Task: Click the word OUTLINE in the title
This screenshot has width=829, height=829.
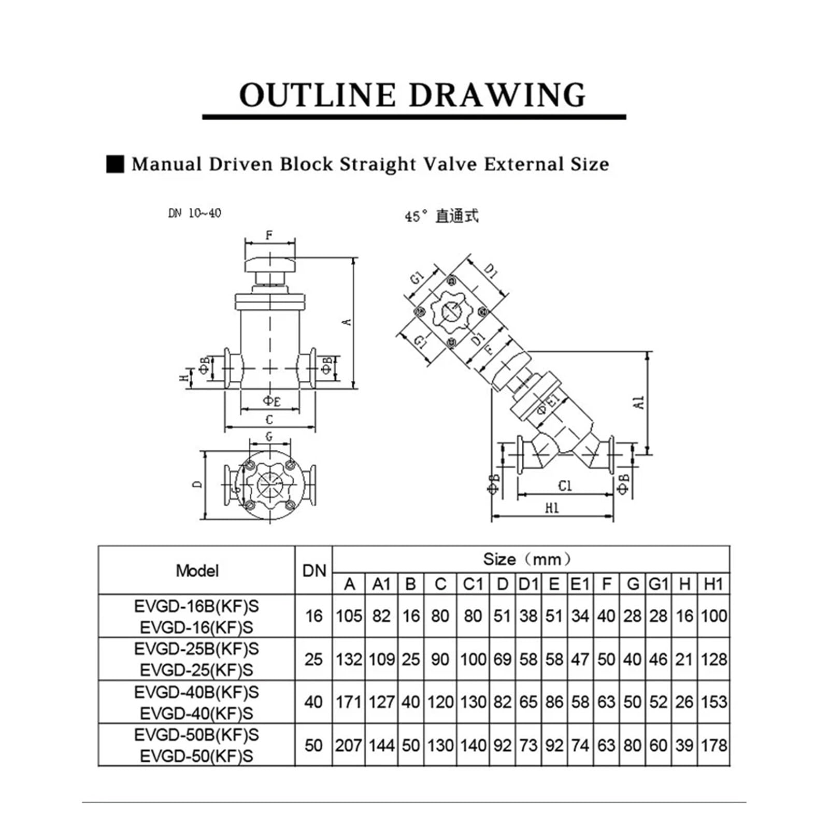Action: (x=317, y=95)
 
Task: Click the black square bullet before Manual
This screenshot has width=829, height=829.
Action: (x=115, y=164)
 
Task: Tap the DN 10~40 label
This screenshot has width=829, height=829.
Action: (x=195, y=213)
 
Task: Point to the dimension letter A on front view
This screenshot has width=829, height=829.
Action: (x=349, y=322)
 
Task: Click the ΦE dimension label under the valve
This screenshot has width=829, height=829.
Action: (x=271, y=401)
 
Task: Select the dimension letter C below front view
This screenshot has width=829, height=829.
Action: (x=269, y=420)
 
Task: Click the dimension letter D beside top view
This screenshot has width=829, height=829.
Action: (x=197, y=484)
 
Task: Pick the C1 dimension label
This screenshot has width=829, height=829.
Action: (x=565, y=485)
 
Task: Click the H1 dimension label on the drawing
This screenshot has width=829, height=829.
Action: (x=552, y=508)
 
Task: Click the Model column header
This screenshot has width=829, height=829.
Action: (x=197, y=571)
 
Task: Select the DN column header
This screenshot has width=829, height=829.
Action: (x=314, y=571)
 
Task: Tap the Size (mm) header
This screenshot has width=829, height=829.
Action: (x=527, y=559)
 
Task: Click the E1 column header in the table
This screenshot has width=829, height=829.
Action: (x=580, y=584)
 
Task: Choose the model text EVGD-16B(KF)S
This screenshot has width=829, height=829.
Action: (x=196, y=606)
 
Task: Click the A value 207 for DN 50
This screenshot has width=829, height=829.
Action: (x=348, y=746)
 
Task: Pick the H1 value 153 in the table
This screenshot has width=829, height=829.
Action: (x=714, y=702)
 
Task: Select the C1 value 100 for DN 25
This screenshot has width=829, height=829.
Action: (x=473, y=660)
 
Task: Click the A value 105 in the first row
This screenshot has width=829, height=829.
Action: (x=348, y=616)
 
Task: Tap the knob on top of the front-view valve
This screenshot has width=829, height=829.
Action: (x=269, y=265)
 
